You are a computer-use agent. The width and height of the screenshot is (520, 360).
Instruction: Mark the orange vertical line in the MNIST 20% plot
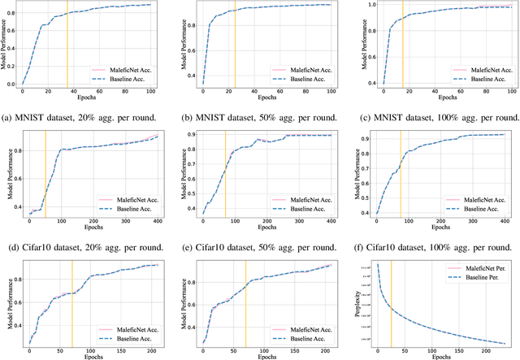tap(67, 45)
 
